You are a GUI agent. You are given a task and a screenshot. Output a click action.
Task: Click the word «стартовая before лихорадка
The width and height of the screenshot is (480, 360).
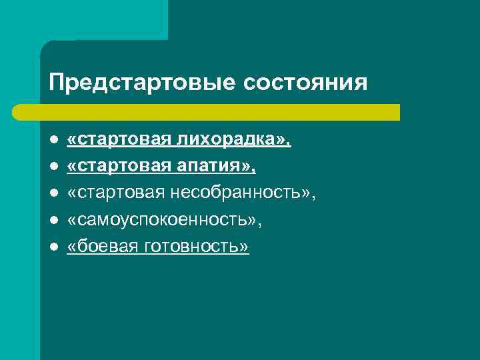click(x=119, y=140)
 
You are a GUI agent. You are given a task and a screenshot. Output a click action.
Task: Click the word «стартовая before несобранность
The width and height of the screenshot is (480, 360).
click(x=119, y=193)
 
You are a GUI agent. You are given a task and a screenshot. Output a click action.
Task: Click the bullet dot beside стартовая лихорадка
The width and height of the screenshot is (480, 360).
click(x=53, y=141)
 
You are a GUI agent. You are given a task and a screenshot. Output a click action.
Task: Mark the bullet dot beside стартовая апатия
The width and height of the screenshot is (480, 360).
click(x=53, y=167)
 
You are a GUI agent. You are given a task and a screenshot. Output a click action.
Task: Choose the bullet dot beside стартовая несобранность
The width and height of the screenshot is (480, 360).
click(x=53, y=194)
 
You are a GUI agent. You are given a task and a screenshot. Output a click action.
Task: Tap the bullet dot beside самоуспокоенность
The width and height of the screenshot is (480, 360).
click(x=53, y=221)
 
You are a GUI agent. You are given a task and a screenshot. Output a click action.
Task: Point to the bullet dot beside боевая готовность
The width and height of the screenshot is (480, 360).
click(x=53, y=247)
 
